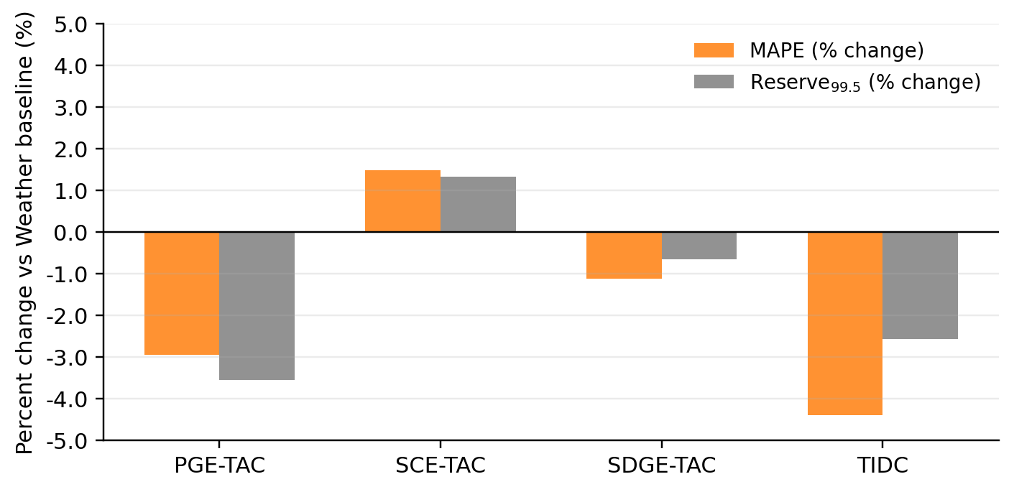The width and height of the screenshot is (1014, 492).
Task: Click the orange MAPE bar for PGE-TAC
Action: click(182, 293)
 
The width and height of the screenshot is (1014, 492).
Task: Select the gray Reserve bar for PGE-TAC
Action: click(257, 306)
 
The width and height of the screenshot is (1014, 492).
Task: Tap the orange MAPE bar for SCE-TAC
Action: click(402, 201)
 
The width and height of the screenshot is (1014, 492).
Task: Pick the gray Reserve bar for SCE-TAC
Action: click(478, 204)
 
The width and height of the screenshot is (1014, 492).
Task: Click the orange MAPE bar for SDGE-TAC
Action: click(624, 255)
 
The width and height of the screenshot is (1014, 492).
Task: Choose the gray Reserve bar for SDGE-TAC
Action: click(699, 246)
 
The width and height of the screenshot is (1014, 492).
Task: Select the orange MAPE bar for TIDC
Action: click(844, 323)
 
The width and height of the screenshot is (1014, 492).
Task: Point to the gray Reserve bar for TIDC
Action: click(920, 285)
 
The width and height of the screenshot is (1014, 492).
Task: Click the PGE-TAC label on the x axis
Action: click(219, 465)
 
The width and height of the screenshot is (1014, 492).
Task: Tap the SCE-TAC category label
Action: click(440, 465)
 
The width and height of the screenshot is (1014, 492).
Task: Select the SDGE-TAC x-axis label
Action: click(661, 465)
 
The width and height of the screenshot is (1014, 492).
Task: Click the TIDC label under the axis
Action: click(882, 465)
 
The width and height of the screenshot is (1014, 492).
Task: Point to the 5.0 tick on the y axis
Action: click(70, 24)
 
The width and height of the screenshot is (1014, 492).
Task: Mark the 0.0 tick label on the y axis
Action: click(70, 232)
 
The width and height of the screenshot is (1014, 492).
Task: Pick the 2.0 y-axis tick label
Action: click(70, 149)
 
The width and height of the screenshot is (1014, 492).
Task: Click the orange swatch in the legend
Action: click(713, 50)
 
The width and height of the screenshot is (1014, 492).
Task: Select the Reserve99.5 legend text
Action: click(865, 83)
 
